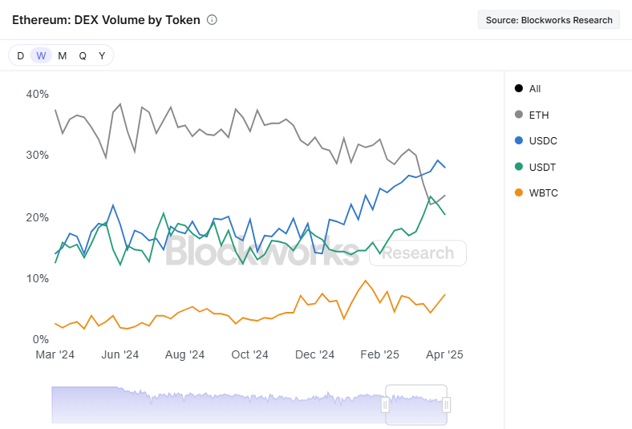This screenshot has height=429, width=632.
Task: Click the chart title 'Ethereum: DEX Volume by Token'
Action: (x=106, y=20)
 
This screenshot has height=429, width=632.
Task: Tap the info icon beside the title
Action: (x=212, y=20)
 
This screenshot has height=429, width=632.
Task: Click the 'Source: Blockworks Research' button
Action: (x=549, y=20)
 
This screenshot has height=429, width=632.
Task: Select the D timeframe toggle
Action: (x=20, y=55)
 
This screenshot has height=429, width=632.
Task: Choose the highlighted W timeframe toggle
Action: (x=41, y=55)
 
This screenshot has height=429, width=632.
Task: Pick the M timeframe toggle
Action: (x=62, y=55)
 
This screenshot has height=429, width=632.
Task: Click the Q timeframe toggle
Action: (x=83, y=55)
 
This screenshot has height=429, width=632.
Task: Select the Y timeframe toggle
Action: (x=102, y=55)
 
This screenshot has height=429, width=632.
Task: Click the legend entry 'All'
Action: (x=528, y=89)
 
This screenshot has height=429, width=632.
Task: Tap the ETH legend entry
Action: (x=532, y=115)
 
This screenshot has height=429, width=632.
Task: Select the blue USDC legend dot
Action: (x=519, y=140)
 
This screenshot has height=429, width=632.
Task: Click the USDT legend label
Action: (x=542, y=167)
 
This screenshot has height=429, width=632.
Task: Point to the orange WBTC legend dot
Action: (x=519, y=192)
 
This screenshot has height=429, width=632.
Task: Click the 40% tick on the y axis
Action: (x=38, y=95)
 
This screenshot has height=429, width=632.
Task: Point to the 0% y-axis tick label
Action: (x=41, y=339)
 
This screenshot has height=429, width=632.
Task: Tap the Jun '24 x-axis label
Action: (x=120, y=354)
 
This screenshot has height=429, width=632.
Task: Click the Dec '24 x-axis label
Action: (x=314, y=354)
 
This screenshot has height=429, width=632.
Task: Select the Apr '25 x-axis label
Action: (x=444, y=354)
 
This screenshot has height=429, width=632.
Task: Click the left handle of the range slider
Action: (x=385, y=405)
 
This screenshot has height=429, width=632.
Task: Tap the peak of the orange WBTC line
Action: (x=366, y=281)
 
